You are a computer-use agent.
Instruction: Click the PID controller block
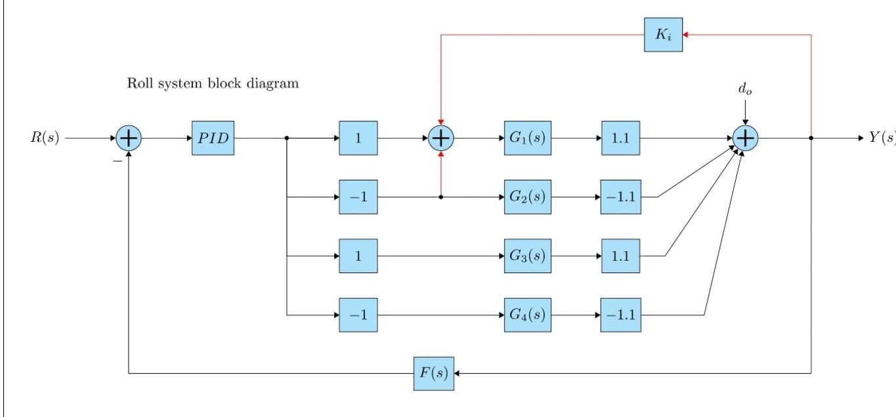(x=213, y=139)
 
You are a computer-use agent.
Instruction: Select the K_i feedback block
(x=663, y=35)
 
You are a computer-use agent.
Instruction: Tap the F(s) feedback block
(x=433, y=373)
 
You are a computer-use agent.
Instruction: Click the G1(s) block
(x=527, y=139)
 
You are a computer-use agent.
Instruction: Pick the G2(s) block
(x=527, y=196)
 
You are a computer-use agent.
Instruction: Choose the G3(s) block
(x=527, y=255)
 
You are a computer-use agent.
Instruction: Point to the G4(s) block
(x=527, y=315)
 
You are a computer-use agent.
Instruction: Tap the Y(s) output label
(x=882, y=139)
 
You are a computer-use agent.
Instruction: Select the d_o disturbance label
(x=745, y=90)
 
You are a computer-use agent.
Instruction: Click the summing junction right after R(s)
(x=129, y=139)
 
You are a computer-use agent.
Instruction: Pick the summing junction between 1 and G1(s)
(x=440, y=139)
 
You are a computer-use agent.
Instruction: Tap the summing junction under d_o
(x=745, y=139)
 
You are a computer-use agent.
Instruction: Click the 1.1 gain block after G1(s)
(x=620, y=139)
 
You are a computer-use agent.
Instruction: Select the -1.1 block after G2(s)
(x=620, y=196)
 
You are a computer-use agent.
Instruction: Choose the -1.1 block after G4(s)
(x=620, y=315)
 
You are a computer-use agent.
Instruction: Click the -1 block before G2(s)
(x=358, y=196)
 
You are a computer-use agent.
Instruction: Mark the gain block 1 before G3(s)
(x=358, y=255)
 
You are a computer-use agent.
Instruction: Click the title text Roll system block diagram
(x=213, y=84)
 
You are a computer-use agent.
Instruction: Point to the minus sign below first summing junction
(x=117, y=160)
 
